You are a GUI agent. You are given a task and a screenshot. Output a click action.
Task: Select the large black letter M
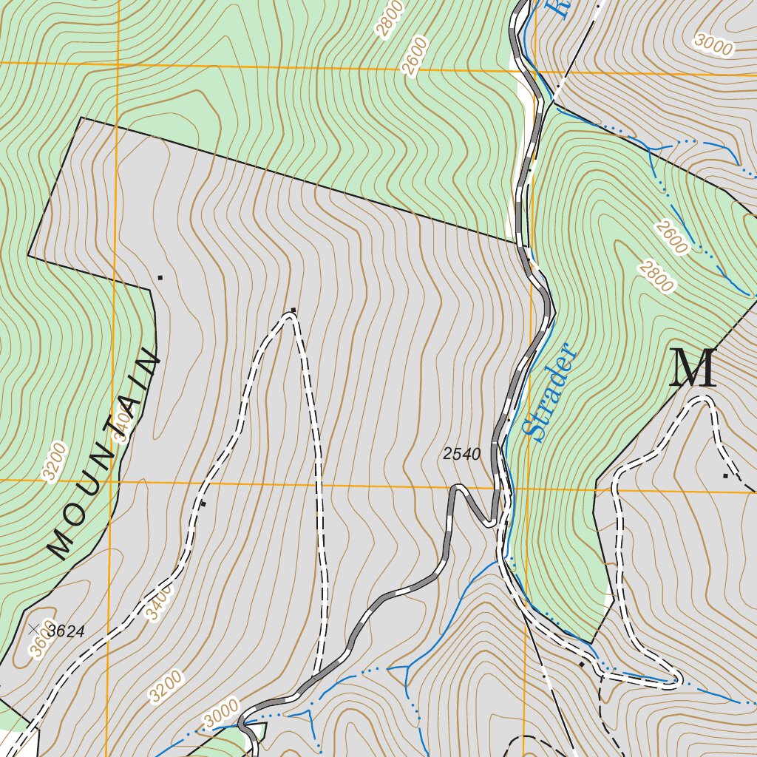[x=693, y=368]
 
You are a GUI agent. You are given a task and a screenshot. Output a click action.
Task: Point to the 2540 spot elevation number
[x=462, y=454]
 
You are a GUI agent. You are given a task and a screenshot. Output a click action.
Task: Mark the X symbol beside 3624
[x=33, y=629]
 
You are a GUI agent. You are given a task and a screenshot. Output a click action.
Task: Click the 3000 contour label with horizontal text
[x=714, y=45]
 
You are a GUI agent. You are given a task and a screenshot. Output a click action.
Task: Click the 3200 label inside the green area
[x=55, y=462]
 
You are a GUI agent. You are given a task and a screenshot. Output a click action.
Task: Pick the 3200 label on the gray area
[x=165, y=686]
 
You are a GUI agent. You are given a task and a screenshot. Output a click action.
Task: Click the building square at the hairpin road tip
[x=293, y=309]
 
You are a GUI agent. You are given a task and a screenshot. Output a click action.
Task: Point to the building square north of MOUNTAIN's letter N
[x=160, y=277]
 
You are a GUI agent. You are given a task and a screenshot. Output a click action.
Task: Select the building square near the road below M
[x=725, y=475]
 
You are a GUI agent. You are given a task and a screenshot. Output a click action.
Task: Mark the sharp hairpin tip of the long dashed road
[x=290, y=316]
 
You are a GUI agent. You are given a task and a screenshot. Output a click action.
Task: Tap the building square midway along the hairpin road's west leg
[x=204, y=503]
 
